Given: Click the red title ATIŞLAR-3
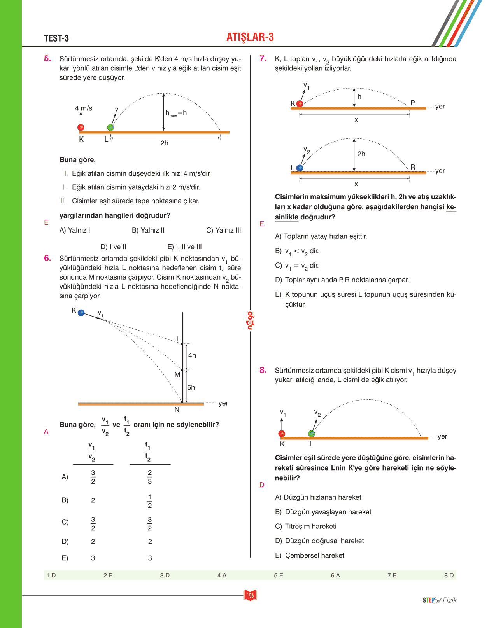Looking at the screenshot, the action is coord(250,37).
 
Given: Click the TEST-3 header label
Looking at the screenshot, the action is coord(56,38).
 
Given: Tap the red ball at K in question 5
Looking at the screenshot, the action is coord(81,127).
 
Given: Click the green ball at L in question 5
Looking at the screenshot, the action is coord(110,127).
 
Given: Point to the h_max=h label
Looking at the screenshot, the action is coord(176,113).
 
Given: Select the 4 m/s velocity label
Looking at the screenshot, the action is coord(84,108).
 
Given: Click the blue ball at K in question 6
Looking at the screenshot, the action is coord(81,313).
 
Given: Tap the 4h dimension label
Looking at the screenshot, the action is coord(192,355).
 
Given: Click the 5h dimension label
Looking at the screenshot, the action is coord(191,388).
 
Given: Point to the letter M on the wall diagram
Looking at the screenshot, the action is coord(177,374).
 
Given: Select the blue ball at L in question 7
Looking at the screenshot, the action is coord(300,168).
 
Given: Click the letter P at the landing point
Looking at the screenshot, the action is coord(412,103).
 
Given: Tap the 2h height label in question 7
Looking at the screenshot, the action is coord(361,154).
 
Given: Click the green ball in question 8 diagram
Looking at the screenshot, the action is coord(312,433).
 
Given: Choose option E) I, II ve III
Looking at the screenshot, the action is coord(184,247).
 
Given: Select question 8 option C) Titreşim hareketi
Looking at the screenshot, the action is coord(306,526).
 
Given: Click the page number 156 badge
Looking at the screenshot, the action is coord(250,595).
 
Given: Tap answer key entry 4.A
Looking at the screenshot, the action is coord(222,575).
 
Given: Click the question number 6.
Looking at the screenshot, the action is coord(47,258).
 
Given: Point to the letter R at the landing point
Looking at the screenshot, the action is coord(413,167).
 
